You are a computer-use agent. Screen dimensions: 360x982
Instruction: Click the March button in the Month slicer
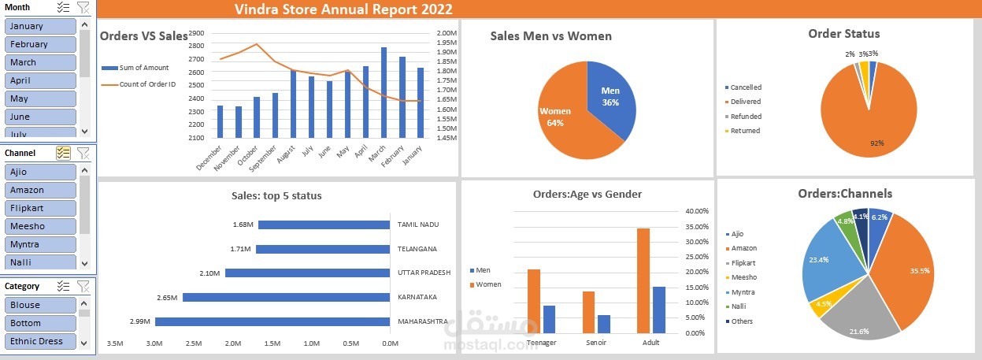coord(41,62)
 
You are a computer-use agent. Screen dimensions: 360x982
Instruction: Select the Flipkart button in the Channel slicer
coord(41,208)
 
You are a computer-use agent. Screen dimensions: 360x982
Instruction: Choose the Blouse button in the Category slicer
coord(41,305)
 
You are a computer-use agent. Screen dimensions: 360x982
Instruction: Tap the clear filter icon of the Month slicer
coord(83,7)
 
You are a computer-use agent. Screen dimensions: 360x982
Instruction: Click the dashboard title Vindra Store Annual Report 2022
coord(343,9)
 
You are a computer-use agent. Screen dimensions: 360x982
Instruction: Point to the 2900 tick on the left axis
coord(196,34)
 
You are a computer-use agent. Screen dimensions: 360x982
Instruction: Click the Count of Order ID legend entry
coord(147,84)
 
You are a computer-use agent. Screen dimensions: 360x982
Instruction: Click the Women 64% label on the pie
coord(555,117)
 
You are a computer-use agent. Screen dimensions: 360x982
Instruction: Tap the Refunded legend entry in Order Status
coord(745,117)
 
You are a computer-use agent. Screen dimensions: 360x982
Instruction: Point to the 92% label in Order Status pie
coord(876,143)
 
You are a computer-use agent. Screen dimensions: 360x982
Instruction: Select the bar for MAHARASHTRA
coord(272,321)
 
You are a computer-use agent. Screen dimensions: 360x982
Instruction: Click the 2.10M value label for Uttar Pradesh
coord(209,273)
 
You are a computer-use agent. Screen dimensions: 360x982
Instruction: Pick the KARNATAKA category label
coord(418,297)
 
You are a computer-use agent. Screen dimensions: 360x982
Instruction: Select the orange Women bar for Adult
coord(643,280)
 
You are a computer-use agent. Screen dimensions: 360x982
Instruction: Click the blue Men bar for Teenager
coord(549,319)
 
